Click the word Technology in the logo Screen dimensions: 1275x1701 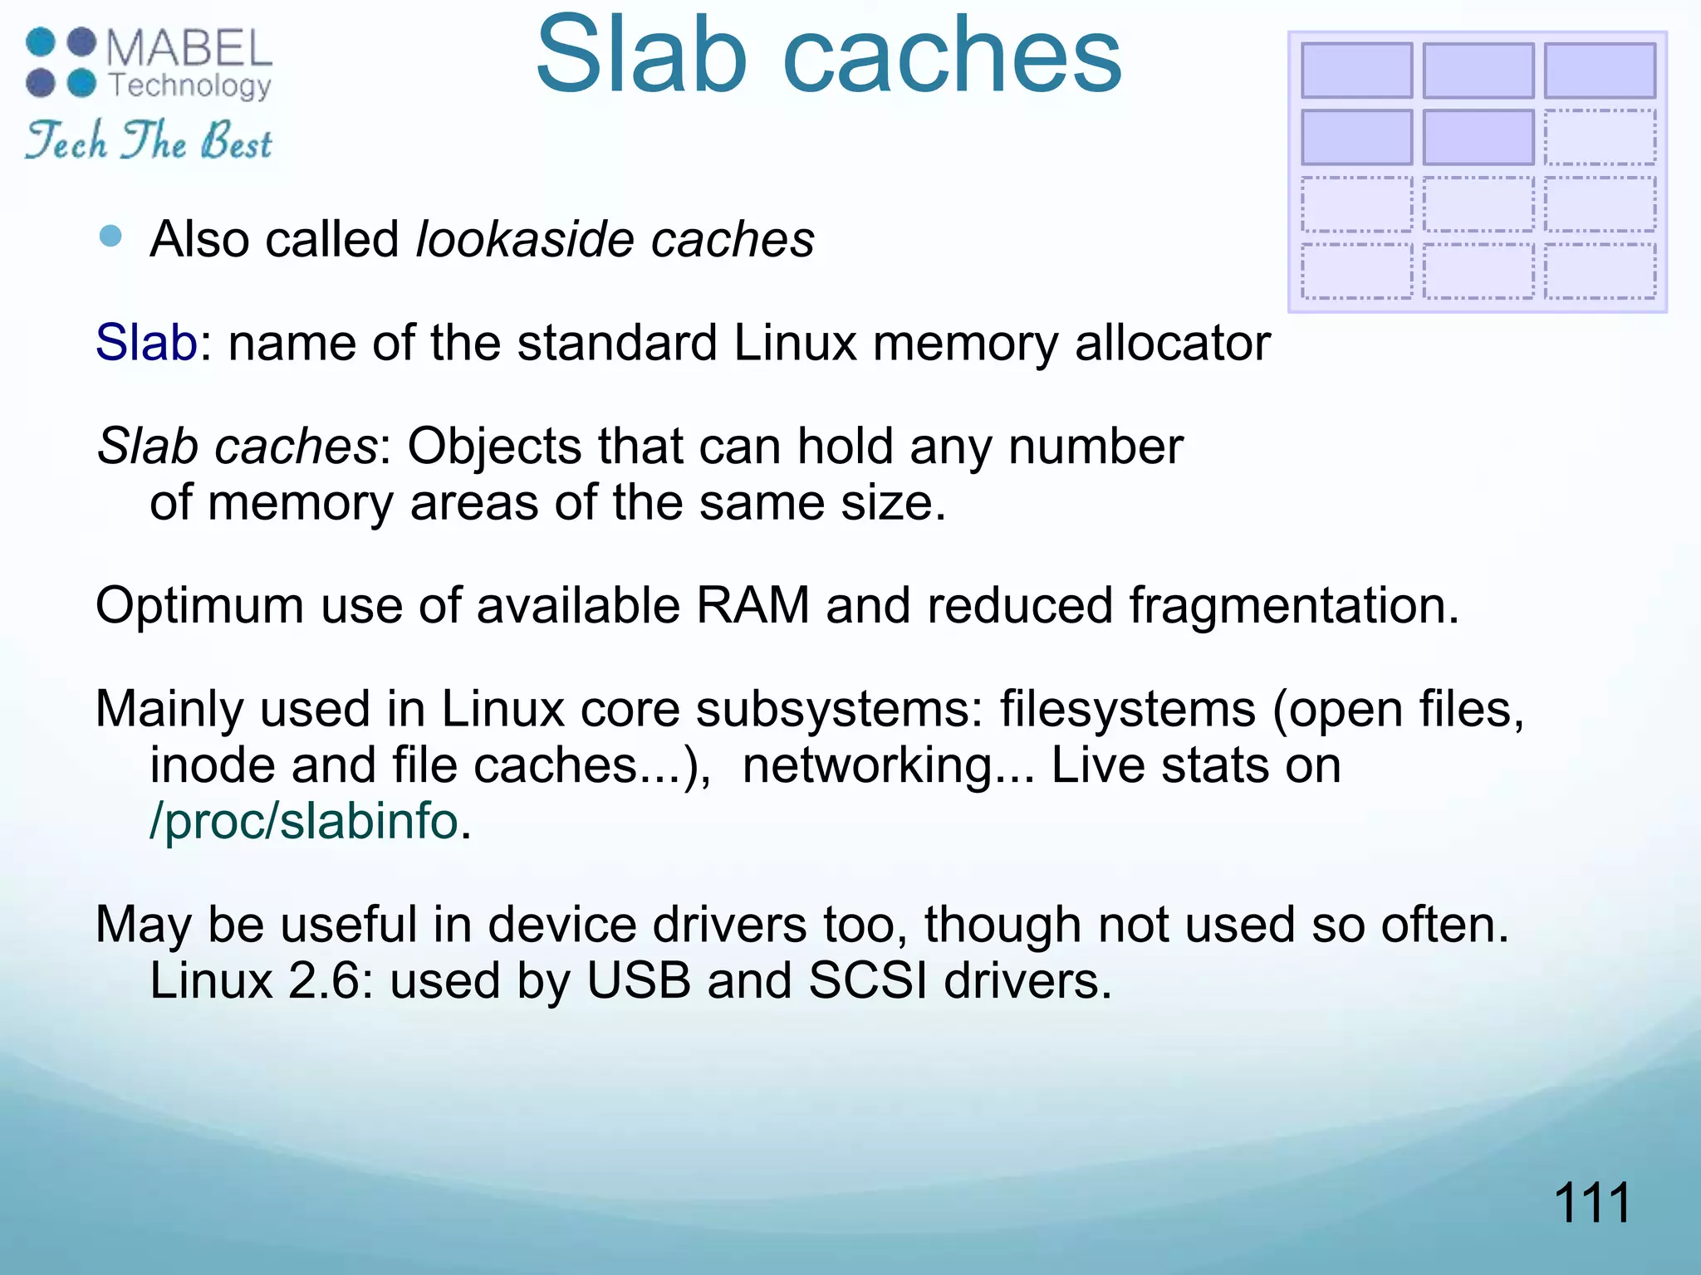190,85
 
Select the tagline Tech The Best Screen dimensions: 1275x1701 149,140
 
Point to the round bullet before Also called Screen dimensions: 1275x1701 110,237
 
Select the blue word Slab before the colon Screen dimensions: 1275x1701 146,342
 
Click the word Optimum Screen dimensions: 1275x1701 199,605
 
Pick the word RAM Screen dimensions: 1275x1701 752,605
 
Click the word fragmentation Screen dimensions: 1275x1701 1292,607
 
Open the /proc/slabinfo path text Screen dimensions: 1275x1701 304,822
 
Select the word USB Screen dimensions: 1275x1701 639,981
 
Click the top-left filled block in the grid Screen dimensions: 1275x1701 1356,71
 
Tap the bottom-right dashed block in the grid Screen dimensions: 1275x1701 1600,271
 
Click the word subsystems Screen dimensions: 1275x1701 839,710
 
